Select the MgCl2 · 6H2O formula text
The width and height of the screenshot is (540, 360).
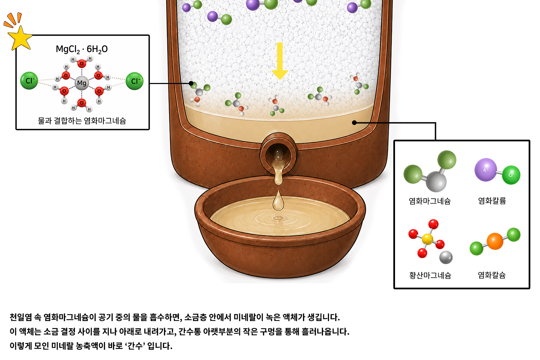[82, 49]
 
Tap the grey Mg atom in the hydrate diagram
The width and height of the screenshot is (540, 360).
[82, 83]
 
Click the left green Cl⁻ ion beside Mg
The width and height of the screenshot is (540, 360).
[29, 81]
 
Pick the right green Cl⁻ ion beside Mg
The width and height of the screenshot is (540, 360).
[135, 81]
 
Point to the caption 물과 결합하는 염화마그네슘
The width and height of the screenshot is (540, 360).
[82, 121]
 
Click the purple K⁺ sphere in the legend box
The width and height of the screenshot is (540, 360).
[486, 170]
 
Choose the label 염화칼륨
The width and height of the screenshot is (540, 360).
[492, 201]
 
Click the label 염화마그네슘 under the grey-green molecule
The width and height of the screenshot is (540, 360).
[430, 201]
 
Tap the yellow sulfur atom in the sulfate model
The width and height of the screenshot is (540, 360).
[427, 239]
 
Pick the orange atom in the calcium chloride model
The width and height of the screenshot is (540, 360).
[495, 241]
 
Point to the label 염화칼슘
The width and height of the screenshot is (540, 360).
[492, 275]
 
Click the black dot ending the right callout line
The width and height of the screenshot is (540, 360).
[354, 123]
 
